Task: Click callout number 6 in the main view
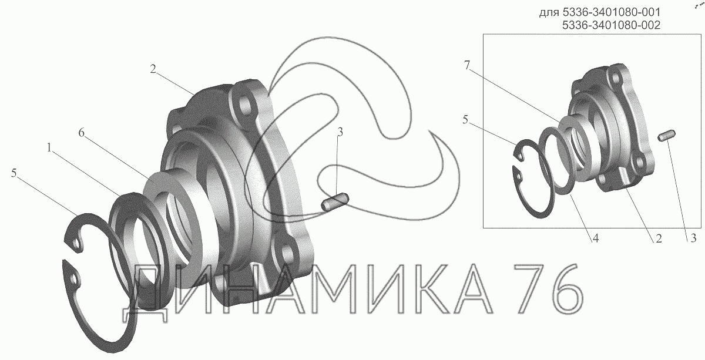coord(82,133)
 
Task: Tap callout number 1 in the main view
coord(49,147)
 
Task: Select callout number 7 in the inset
coord(466,65)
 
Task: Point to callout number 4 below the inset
coord(595,238)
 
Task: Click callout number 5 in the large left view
coord(14,173)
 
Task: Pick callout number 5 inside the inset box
coord(465,120)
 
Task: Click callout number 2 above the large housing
coord(153,69)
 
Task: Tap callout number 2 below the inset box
coord(659,238)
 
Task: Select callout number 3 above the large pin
coord(340,133)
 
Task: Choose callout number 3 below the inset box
coord(693,238)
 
